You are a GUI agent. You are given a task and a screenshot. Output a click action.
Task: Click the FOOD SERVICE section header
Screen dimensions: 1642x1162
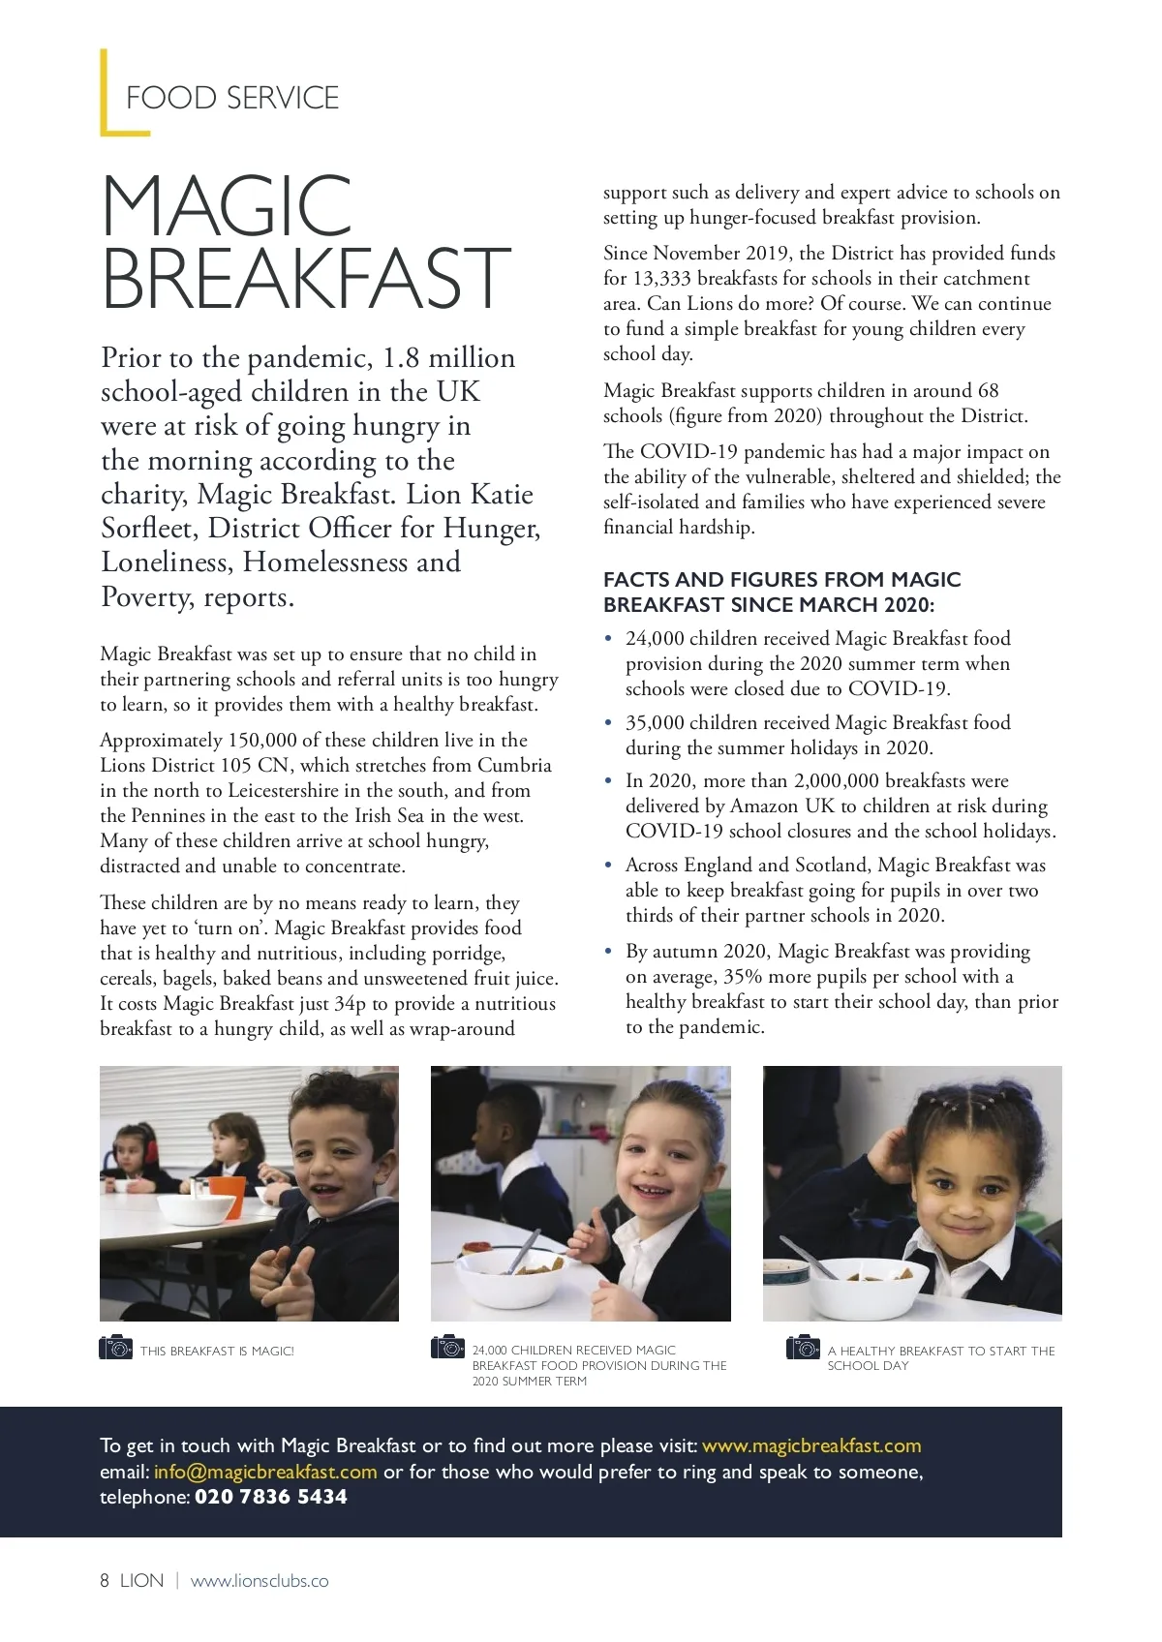click(x=232, y=98)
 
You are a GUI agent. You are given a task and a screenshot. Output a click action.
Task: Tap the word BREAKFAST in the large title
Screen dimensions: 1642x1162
click(x=306, y=278)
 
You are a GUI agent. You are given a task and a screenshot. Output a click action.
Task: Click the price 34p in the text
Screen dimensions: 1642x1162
click(x=350, y=1004)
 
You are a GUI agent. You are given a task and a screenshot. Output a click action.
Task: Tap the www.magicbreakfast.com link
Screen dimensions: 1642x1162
click(x=811, y=1446)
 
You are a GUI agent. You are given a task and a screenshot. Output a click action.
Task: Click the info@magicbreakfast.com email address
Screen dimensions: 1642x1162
click(x=265, y=1473)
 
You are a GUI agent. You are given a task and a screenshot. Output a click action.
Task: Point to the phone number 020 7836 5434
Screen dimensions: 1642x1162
click(x=271, y=1498)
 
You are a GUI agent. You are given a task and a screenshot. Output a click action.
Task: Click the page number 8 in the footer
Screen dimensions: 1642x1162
click(x=105, y=1581)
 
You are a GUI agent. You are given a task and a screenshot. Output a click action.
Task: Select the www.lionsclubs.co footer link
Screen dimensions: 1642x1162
click(x=260, y=1581)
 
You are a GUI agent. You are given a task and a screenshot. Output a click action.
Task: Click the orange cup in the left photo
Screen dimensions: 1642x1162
click(x=228, y=1194)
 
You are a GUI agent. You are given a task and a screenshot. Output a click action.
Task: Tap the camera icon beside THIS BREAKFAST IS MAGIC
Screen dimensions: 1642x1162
click(x=116, y=1348)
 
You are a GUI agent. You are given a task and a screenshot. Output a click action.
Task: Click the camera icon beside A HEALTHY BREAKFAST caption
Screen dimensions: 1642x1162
click(x=803, y=1348)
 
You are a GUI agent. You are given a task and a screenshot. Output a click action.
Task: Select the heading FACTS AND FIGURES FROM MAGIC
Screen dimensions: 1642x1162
click(x=781, y=580)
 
